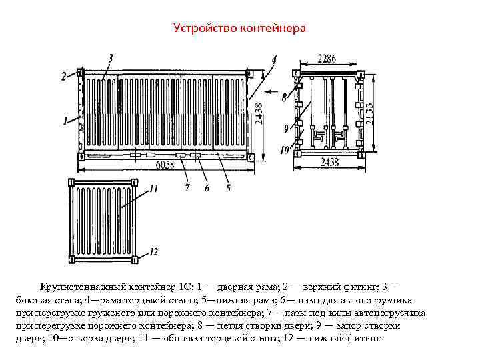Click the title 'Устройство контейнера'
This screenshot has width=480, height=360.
pyautogui.click(x=239, y=28)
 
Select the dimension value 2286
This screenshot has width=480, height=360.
pyautogui.click(x=327, y=59)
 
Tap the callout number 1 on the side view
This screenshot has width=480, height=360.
pyautogui.click(x=65, y=121)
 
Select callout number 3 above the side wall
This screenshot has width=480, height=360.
pyautogui.click(x=110, y=57)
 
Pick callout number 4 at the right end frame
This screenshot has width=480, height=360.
pyautogui.click(x=274, y=60)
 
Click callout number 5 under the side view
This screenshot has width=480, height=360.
pyautogui.click(x=228, y=188)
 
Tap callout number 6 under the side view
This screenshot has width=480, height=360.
pyautogui.click(x=207, y=188)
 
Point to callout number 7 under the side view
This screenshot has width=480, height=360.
pyautogui.click(x=187, y=188)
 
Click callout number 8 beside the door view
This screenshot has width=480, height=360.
pyautogui.click(x=284, y=97)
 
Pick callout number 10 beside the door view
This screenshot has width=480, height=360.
pyautogui.click(x=284, y=151)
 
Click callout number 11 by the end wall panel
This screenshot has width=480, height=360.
pyautogui.click(x=154, y=189)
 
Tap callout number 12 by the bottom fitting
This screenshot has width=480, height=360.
pyautogui.click(x=153, y=251)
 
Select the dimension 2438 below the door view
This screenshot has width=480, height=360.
pyautogui.click(x=330, y=162)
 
